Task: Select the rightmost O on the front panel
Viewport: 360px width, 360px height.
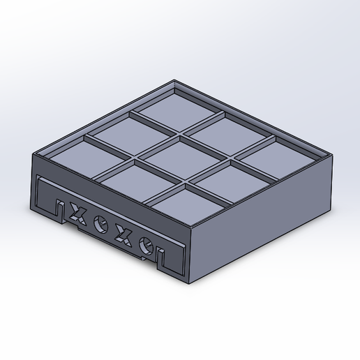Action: point(147,244)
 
